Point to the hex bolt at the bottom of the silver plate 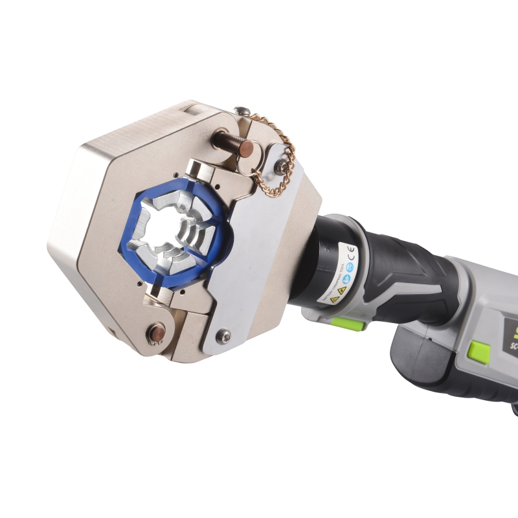click(x=224, y=335)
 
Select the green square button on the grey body click(x=479, y=352)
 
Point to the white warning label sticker click(x=337, y=272)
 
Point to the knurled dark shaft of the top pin click(x=224, y=139)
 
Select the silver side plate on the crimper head click(x=265, y=253)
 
